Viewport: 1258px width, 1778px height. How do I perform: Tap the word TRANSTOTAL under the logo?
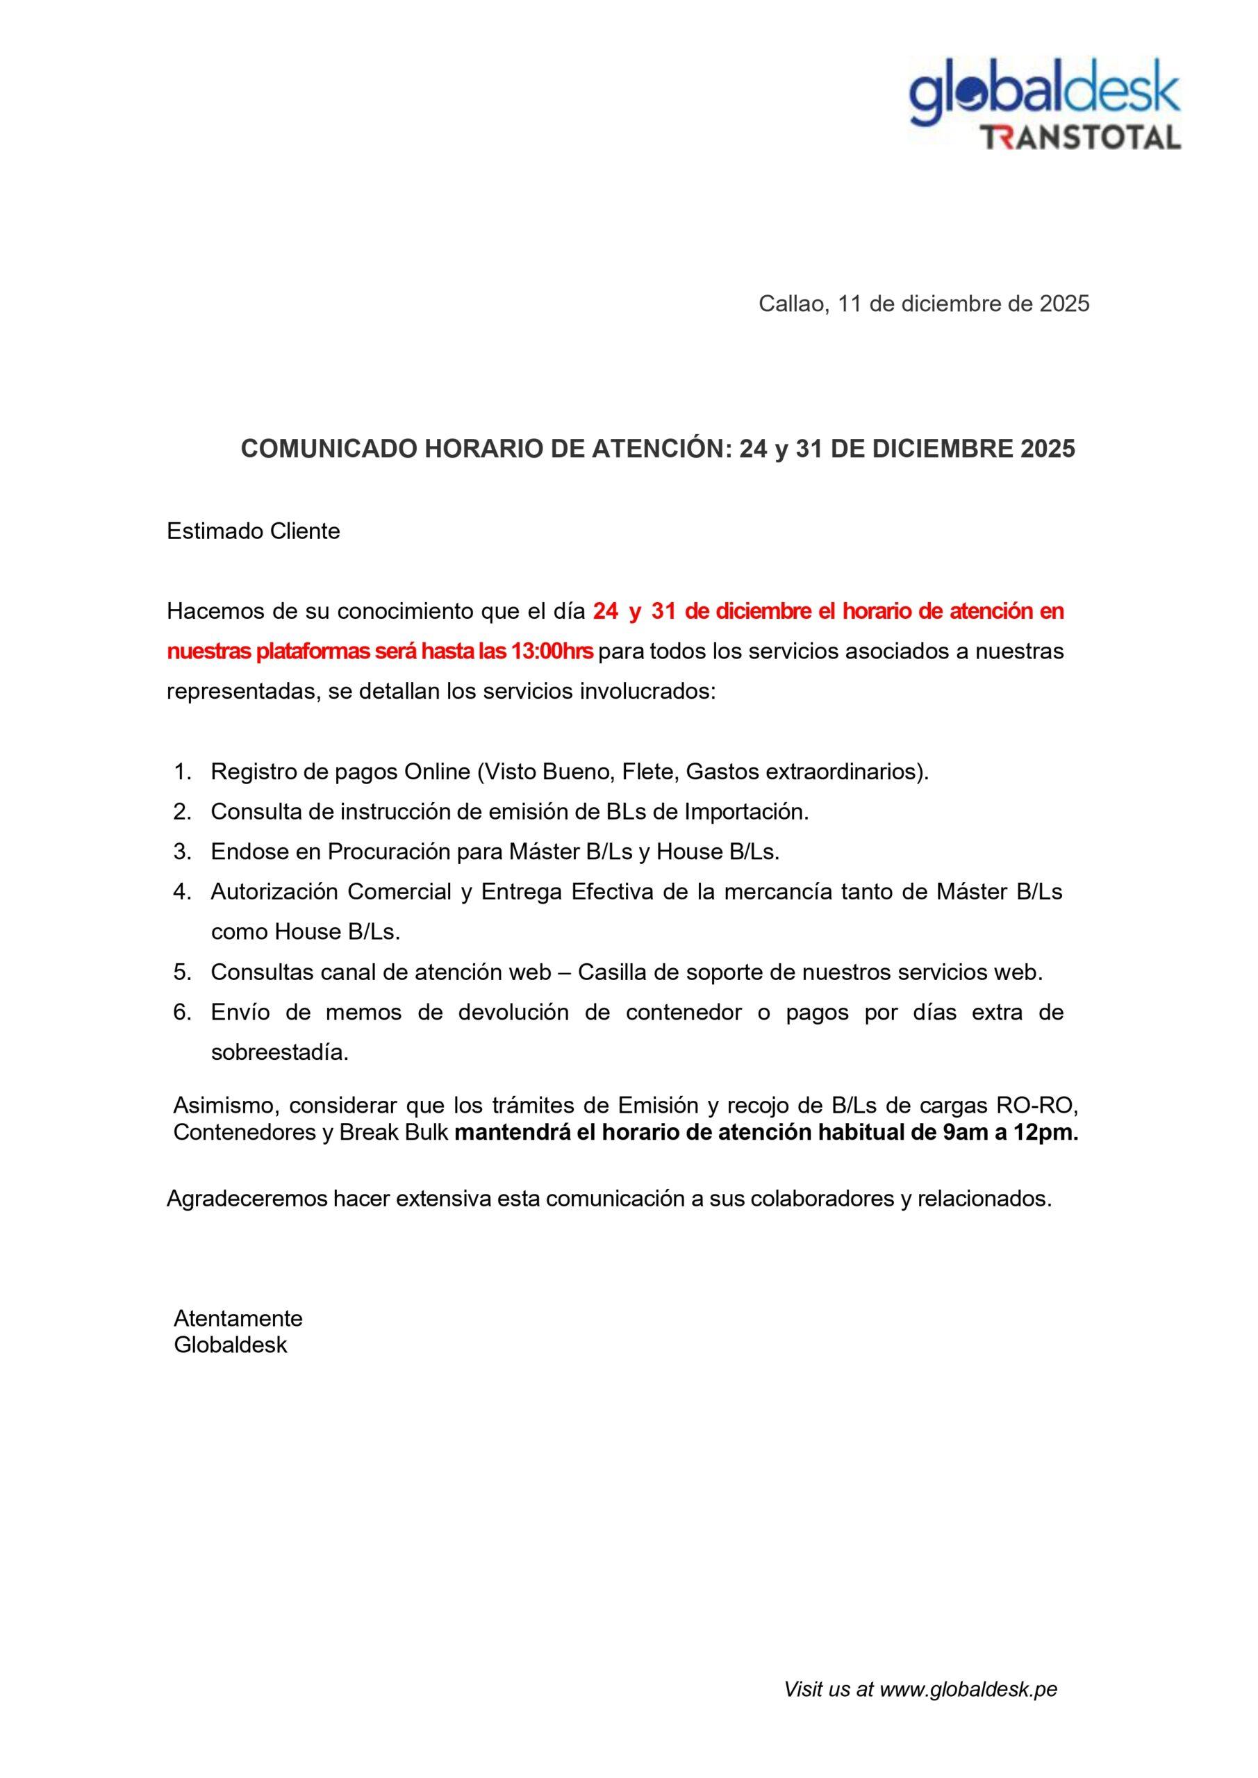click(1081, 137)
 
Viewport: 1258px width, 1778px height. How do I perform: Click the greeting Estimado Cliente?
click(254, 531)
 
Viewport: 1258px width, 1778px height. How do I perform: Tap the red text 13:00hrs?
click(552, 651)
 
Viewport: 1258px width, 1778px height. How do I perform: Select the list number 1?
click(181, 772)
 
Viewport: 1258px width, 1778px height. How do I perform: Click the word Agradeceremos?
click(247, 1199)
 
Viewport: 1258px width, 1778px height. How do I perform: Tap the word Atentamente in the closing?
click(238, 1318)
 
